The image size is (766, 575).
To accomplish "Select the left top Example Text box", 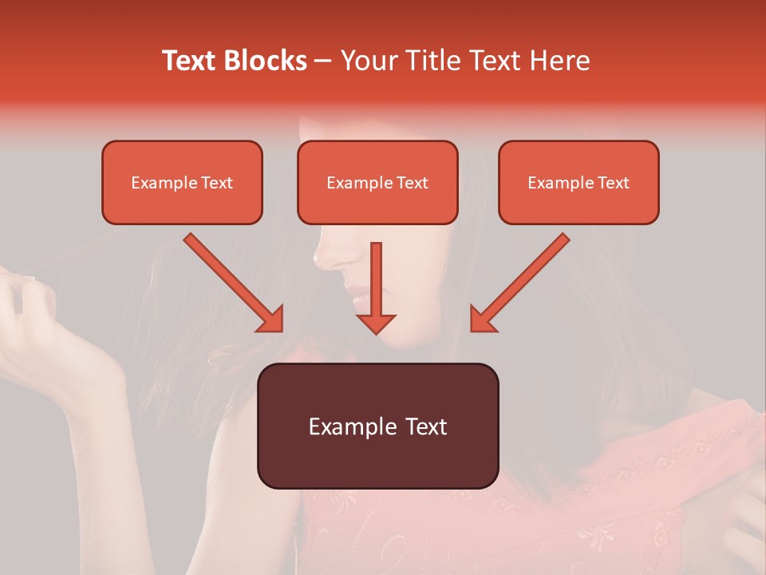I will coord(182,182).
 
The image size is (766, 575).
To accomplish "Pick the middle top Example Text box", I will coord(377,182).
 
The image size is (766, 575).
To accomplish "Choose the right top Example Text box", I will coord(578,182).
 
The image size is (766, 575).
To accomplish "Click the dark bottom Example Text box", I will coord(377,426).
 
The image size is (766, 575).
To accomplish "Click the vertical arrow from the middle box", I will coord(376,280).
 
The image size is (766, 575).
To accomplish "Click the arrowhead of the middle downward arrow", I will coord(376,323).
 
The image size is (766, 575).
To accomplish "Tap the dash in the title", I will coord(323,61).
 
